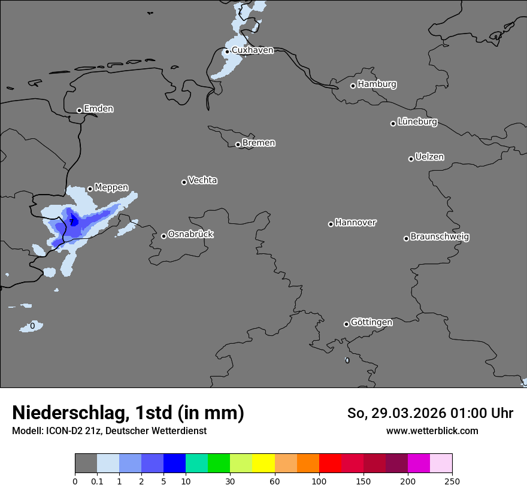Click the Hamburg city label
[x=377, y=84]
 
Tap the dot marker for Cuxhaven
[x=227, y=51]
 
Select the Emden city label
[x=98, y=109]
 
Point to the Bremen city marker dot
[x=238, y=144]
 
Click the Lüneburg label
[x=417, y=122]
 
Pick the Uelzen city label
[x=429, y=157]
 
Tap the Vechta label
[x=202, y=180]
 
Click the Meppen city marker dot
[x=90, y=189]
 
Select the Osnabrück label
[x=190, y=235]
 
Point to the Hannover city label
[x=355, y=223]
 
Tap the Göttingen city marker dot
[x=346, y=324]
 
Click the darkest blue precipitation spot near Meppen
[x=73, y=220]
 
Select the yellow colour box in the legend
[x=263, y=463]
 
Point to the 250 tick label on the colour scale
[x=452, y=481]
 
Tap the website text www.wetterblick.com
[x=432, y=431]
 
